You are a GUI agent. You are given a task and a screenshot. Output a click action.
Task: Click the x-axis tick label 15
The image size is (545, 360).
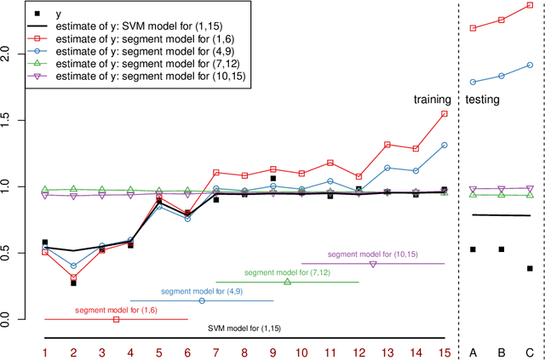[x=444, y=352]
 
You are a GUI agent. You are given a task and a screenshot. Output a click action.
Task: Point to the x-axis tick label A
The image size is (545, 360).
[x=473, y=352]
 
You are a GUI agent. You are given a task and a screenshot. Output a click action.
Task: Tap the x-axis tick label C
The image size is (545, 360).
[x=530, y=352]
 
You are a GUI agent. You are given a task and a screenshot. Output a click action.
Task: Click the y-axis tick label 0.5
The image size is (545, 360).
[x=8, y=254]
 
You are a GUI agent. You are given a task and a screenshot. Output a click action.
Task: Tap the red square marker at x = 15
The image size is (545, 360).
[x=444, y=114]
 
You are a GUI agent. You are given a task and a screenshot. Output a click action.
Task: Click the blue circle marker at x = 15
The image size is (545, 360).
[x=444, y=145]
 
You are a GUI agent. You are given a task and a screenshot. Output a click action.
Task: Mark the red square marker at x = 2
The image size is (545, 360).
[x=73, y=277]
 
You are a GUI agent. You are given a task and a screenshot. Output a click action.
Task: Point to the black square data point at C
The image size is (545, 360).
[x=530, y=268]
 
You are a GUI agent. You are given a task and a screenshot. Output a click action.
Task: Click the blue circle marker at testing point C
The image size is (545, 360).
[x=530, y=65]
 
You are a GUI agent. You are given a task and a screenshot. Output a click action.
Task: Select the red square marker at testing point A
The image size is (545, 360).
[x=473, y=28]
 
